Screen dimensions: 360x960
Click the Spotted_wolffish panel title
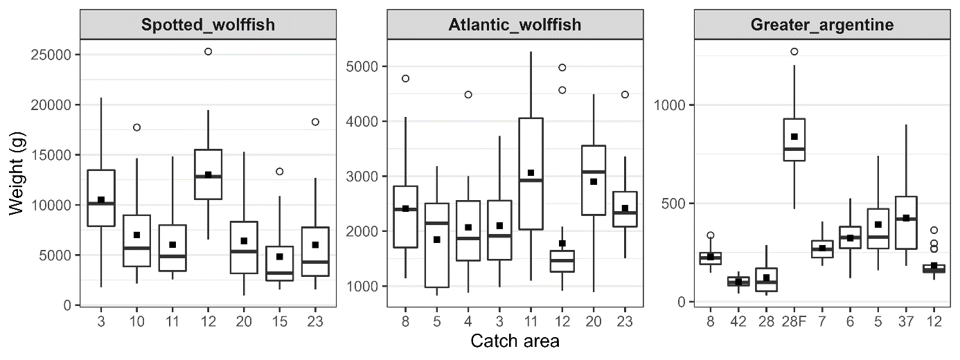point(208,25)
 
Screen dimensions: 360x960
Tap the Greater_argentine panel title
point(821,25)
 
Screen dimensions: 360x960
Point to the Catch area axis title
point(515,341)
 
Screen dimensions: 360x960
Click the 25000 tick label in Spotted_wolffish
point(53,55)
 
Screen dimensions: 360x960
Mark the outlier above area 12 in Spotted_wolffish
point(208,51)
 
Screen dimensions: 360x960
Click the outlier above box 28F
point(794,51)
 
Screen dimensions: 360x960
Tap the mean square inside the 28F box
point(794,136)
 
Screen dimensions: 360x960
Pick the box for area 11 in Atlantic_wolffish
point(531,173)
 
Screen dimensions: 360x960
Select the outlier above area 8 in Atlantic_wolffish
point(406,78)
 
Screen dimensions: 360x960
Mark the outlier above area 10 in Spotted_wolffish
point(137,127)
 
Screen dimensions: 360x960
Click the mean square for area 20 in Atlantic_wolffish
point(594,181)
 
